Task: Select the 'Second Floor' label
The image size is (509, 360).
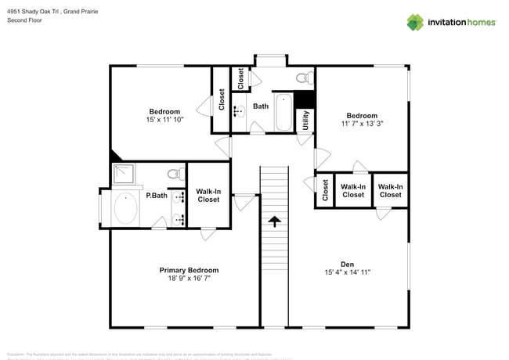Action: click(x=24, y=20)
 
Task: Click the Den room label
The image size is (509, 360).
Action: click(x=347, y=264)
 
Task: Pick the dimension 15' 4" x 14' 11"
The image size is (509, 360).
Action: click(x=347, y=272)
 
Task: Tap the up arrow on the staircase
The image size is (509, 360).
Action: click(x=274, y=222)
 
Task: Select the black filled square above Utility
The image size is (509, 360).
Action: click(x=305, y=100)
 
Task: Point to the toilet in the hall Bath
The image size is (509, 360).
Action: click(x=305, y=78)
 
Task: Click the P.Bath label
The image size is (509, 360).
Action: click(x=156, y=196)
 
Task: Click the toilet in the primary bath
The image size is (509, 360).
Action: click(x=175, y=173)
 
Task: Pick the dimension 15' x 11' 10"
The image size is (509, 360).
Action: click(x=164, y=121)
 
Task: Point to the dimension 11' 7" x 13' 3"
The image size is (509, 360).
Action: click(x=362, y=124)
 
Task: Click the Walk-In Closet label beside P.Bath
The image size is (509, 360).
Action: click(x=208, y=195)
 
